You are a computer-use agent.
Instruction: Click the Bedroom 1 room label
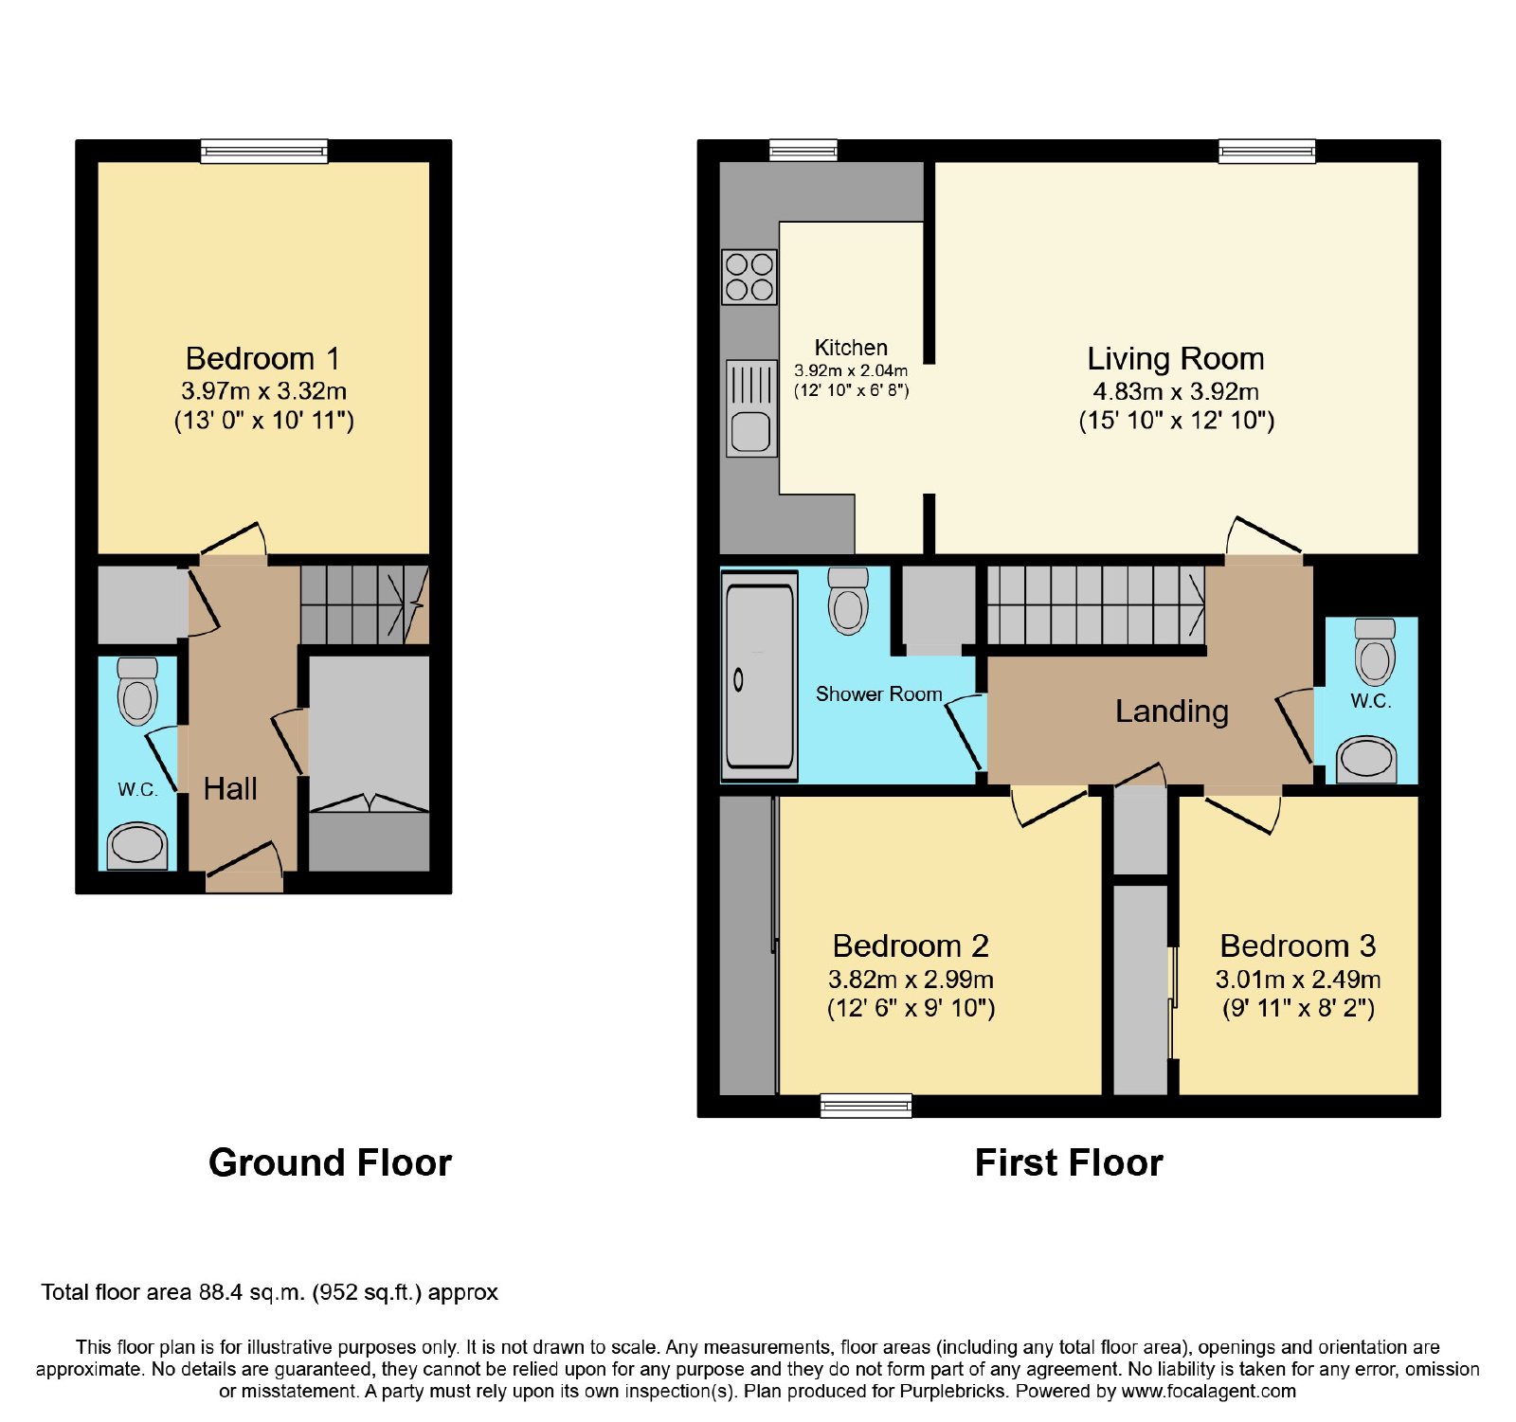pos(262,359)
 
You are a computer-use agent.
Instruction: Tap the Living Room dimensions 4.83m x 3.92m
pos(1176,391)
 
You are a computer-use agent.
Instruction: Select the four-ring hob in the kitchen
pos(749,277)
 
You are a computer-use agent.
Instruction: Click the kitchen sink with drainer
pos(751,408)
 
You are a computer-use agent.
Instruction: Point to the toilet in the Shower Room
pos(848,601)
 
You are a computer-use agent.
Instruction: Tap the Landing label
pos(1171,711)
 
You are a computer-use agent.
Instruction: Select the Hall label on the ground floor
pos(230,788)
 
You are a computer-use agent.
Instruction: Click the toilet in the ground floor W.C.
pos(137,692)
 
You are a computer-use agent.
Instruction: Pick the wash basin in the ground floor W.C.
pos(137,846)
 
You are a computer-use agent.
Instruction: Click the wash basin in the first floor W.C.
pos(1366,759)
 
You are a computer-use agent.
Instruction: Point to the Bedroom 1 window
pos(264,152)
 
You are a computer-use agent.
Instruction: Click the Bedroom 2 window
pos(866,1106)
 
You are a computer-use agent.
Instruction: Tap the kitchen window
pos(803,151)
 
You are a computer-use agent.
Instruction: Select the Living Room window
pos(1267,152)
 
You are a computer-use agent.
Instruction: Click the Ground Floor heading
pos(330,1162)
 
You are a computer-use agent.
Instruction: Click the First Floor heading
pos(1069,1162)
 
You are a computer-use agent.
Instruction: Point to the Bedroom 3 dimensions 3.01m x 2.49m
pos(1298,980)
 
